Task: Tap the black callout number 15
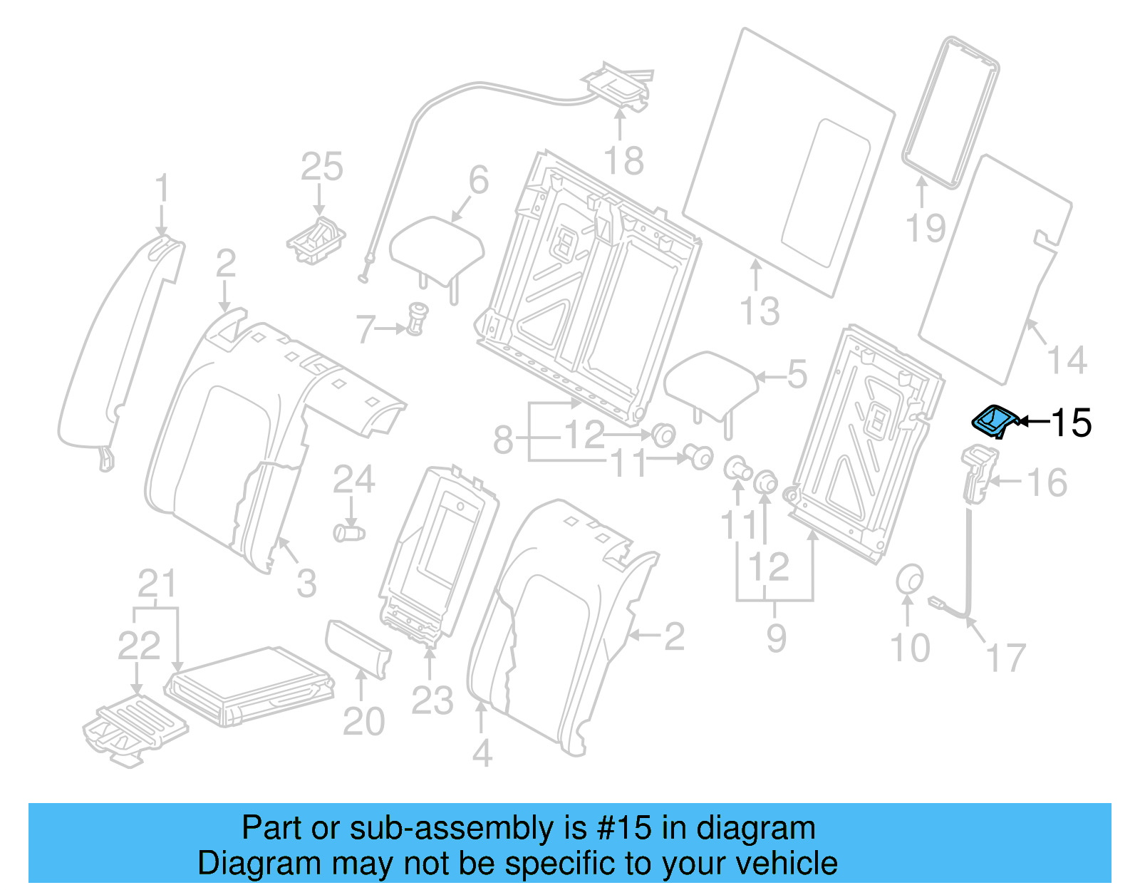(x=1071, y=423)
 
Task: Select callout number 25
(x=321, y=167)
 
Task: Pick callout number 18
(x=623, y=161)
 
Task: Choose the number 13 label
(x=760, y=311)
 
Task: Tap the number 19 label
(x=925, y=228)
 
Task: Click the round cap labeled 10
(x=909, y=579)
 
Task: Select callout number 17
(x=1005, y=657)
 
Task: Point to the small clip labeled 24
(x=348, y=532)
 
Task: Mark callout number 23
(x=432, y=700)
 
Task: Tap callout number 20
(x=363, y=721)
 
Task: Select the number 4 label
(x=482, y=753)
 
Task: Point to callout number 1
(x=162, y=189)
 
